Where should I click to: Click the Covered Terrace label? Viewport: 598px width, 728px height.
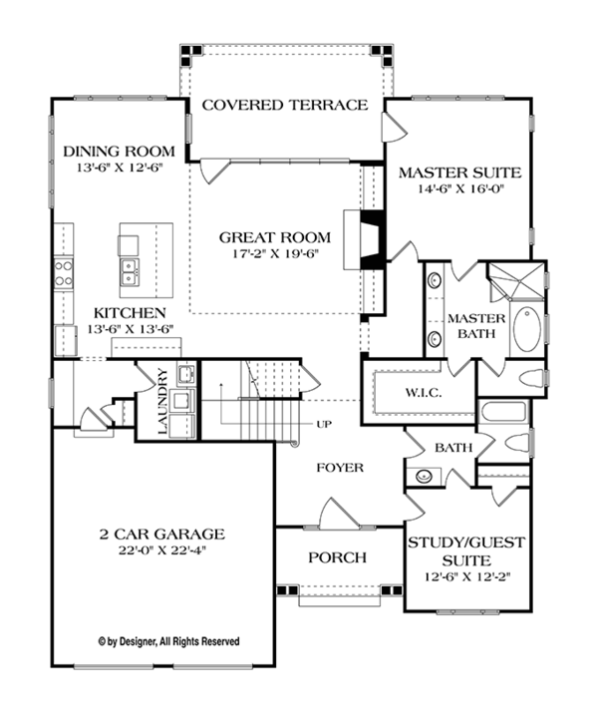coord(285,105)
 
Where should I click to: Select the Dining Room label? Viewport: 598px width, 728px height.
coord(119,151)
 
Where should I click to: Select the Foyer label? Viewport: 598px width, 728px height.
coord(340,467)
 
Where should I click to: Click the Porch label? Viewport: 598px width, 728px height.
coord(336,557)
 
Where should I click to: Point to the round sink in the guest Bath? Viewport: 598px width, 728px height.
coord(425,476)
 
